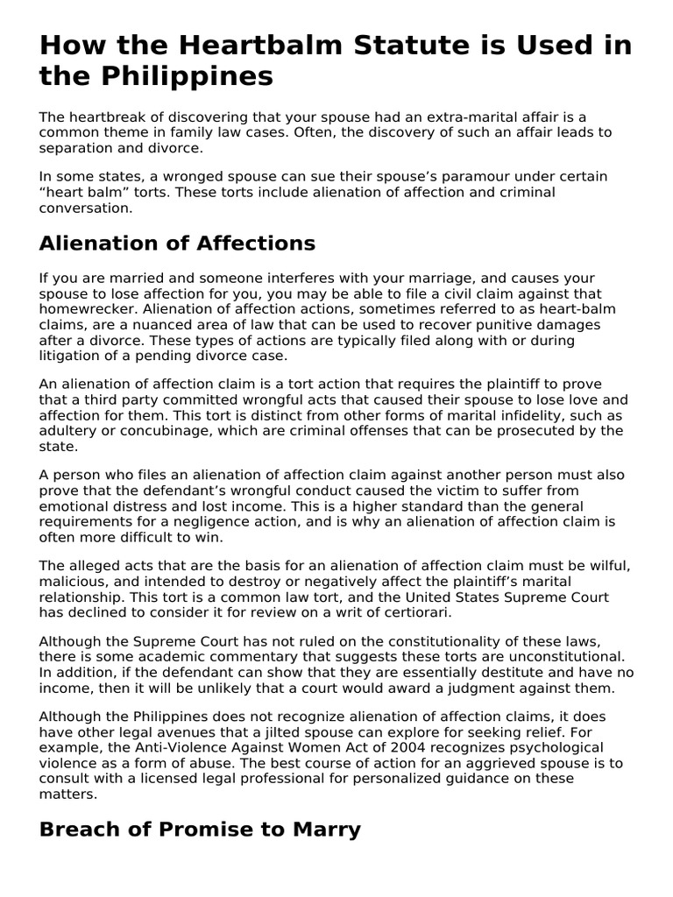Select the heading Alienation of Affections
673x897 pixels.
tap(177, 243)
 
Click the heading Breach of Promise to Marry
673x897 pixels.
tap(200, 830)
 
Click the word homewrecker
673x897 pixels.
tap(87, 309)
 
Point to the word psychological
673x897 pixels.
tap(545, 747)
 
